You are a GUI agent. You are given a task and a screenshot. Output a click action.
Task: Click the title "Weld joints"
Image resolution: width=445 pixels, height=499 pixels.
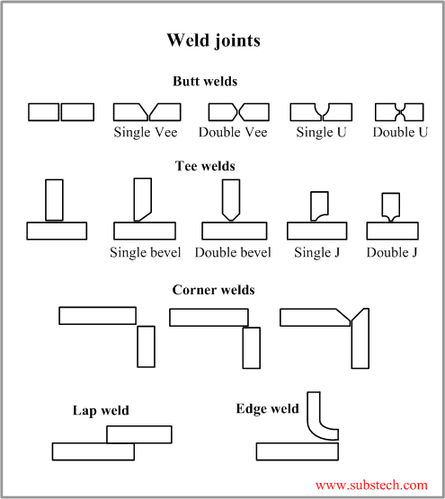(214, 41)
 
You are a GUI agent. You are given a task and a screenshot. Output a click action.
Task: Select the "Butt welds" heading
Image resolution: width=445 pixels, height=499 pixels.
(205, 82)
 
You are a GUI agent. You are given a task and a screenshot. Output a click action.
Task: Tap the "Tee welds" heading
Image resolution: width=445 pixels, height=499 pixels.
(205, 166)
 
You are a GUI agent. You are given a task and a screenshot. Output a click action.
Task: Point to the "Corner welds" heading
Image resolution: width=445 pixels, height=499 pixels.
(213, 290)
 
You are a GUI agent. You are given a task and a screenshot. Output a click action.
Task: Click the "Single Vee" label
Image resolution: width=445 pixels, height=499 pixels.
(146, 133)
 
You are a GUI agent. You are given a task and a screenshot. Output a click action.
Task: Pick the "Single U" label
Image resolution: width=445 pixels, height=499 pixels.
(320, 133)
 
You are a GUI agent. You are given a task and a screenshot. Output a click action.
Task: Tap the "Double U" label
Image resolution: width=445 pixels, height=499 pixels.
(400, 133)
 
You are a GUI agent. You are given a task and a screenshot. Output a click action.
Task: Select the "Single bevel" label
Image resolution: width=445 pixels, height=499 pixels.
(145, 252)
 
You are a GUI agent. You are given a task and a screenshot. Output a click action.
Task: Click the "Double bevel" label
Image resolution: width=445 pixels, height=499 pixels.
(233, 252)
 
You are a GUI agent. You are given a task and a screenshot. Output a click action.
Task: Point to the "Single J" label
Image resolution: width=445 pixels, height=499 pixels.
(316, 252)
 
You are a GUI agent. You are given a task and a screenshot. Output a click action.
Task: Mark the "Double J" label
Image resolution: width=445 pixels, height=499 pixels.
(392, 252)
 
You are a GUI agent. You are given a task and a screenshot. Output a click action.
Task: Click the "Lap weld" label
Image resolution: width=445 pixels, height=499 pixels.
(101, 411)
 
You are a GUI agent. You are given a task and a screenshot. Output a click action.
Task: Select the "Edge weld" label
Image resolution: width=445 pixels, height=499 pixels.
(267, 409)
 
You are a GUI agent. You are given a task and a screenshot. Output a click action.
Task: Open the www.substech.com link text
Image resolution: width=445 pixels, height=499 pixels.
(371, 485)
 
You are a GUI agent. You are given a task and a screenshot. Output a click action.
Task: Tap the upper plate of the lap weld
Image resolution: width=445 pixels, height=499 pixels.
(139, 434)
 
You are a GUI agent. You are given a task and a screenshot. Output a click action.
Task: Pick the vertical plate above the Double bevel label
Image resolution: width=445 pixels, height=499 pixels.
(230, 199)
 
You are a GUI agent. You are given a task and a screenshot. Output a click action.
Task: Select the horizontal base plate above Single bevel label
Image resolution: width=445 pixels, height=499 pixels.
(144, 231)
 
